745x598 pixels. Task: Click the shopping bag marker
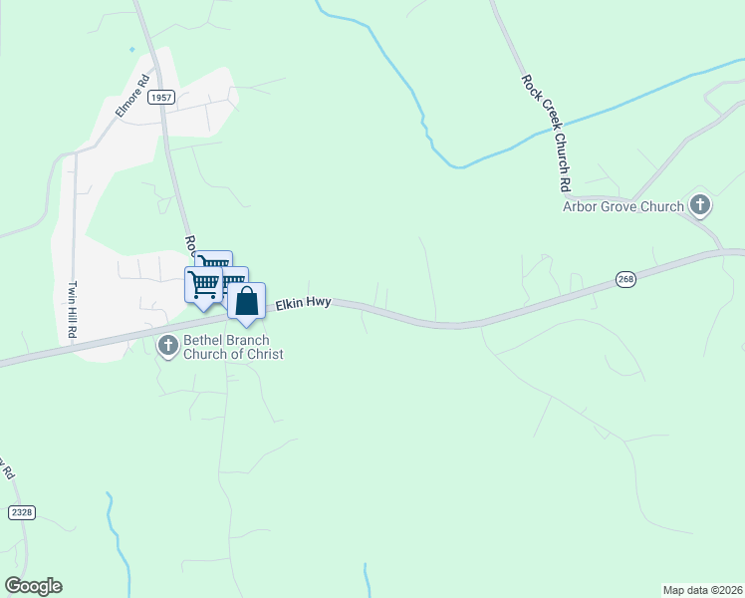(246, 300)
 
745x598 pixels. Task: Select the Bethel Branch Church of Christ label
(219, 347)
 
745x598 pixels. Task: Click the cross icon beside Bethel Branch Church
(166, 346)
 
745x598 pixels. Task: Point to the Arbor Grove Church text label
(622, 207)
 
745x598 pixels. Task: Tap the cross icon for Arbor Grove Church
(700, 206)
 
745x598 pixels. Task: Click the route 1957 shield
(162, 98)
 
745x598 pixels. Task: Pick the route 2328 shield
(22, 511)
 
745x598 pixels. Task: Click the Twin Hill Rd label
(72, 310)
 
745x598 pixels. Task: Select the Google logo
(33, 586)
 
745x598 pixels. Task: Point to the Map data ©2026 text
(702, 589)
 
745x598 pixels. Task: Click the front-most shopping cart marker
(202, 283)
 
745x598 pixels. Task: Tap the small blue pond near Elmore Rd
(131, 48)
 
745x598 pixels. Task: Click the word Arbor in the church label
(581, 207)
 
